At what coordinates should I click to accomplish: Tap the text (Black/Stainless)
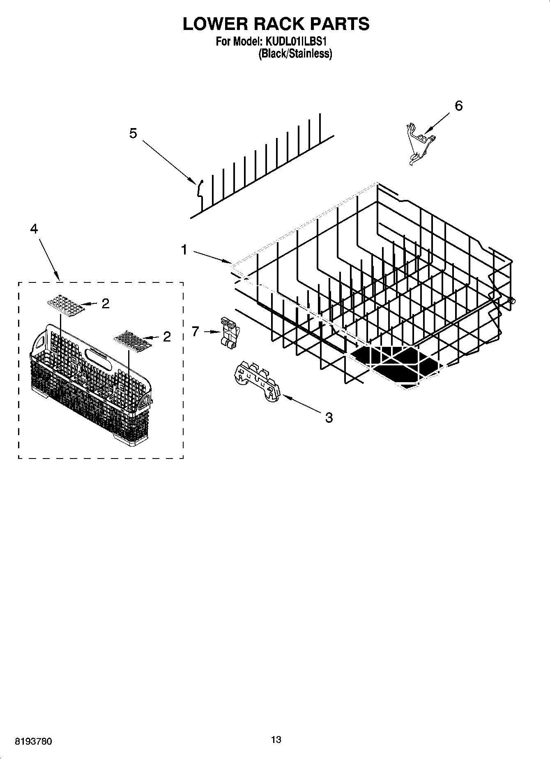pyautogui.click(x=295, y=54)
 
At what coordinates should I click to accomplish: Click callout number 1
pyautogui.click(x=184, y=250)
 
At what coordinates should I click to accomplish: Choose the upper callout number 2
pyautogui.click(x=106, y=304)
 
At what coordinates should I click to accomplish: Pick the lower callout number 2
pyautogui.click(x=167, y=337)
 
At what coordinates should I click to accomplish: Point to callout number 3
pyautogui.click(x=329, y=418)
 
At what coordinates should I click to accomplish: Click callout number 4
pyautogui.click(x=34, y=229)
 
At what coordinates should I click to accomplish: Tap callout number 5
pyautogui.click(x=133, y=133)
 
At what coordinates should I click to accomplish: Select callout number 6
pyautogui.click(x=459, y=106)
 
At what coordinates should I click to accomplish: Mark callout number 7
pyautogui.click(x=196, y=331)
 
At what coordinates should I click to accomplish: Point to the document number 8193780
pyautogui.click(x=33, y=742)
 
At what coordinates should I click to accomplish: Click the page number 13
pyautogui.click(x=276, y=740)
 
